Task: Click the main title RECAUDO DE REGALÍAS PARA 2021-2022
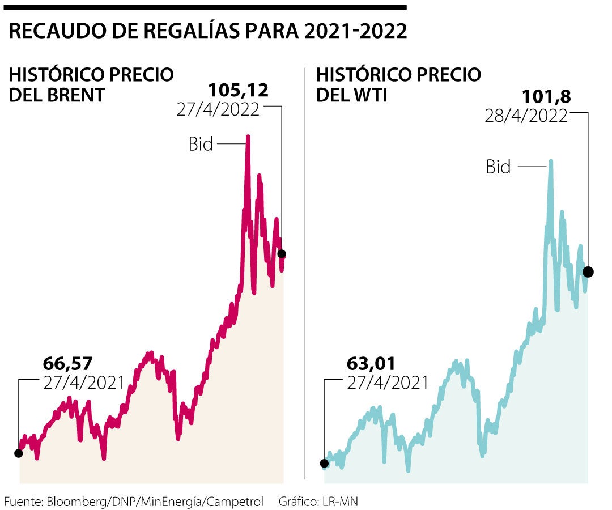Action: pyautogui.click(x=208, y=31)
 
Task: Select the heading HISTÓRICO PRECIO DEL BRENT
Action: pyautogui.click(x=91, y=84)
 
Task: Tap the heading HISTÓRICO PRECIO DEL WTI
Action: pyautogui.click(x=398, y=84)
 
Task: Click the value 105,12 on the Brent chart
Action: pyautogui.click(x=238, y=90)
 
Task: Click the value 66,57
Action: pyautogui.click(x=67, y=363)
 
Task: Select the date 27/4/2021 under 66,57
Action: pyautogui.click(x=84, y=382)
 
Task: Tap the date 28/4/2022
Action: pyautogui.click(x=526, y=116)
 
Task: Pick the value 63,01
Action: pyautogui.click(x=371, y=363)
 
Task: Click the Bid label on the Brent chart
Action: pyautogui.click(x=201, y=144)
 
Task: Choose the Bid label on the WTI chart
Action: pyautogui.click(x=498, y=167)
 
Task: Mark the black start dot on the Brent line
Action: pyautogui.click(x=18, y=453)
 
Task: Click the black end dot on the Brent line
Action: pyautogui.click(x=282, y=253)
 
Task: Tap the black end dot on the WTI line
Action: pyautogui.click(x=588, y=272)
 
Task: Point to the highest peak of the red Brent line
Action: pyautogui.click(x=248, y=137)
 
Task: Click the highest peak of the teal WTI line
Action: pyautogui.click(x=551, y=161)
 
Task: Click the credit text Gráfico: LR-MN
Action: pyautogui.click(x=318, y=501)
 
